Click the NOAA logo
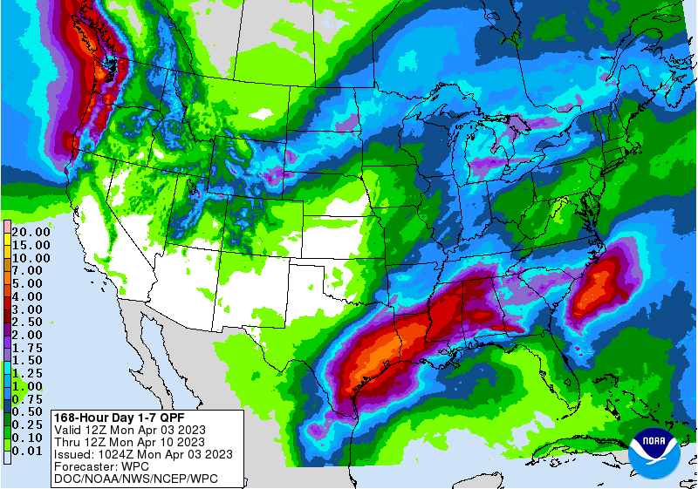point(657,451)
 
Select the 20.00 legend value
point(31,232)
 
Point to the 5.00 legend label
point(27,282)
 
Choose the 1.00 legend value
point(27,386)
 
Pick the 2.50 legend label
point(27,322)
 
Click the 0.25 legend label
point(27,424)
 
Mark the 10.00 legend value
point(31,258)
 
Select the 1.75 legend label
point(27,347)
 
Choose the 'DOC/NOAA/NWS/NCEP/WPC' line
point(135,479)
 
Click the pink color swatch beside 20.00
point(6,227)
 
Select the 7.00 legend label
point(27,270)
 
